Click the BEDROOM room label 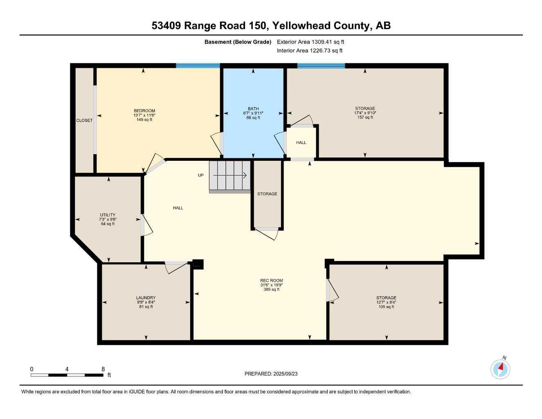pyautogui.click(x=144, y=111)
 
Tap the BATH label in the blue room pyautogui.click(x=253, y=109)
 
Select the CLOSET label pyautogui.click(x=84, y=121)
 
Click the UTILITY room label pyautogui.click(x=108, y=215)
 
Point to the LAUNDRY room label pyautogui.click(x=146, y=298)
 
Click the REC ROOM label pyautogui.click(x=271, y=281)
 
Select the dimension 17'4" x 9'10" pyautogui.click(x=365, y=113)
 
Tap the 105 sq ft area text pyautogui.click(x=386, y=307)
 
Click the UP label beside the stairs pyautogui.click(x=200, y=176)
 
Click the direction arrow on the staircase pyautogui.click(x=230, y=176)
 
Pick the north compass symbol pyautogui.click(x=500, y=369)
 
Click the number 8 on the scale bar pyautogui.click(x=103, y=369)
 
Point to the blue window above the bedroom pyautogui.click(x=198, y=65)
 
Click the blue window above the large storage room pyautogui.click(x=321, y=65)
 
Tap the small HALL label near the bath pyautogui.click(x=301, y=143)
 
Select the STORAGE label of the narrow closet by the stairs pyautogui.click(x=267, y=194)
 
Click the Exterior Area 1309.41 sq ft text pyautogui.click(x=310, y=42)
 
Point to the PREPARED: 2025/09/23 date pyautogui.click(x=271, y=374)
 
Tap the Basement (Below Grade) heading pyautogui.click(x=238, y=42)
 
